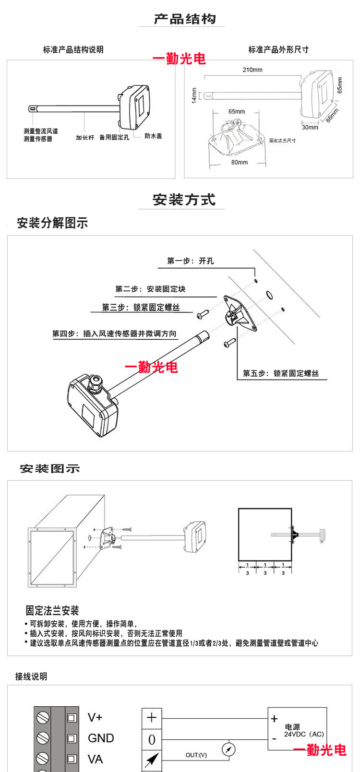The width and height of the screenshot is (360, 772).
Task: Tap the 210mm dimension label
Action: [x=252, y=70]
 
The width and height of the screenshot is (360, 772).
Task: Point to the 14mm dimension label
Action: [x=194, y=95]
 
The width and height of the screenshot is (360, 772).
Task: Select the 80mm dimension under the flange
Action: [x=239, y=162]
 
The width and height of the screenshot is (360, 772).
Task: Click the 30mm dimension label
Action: [x=310, y=127]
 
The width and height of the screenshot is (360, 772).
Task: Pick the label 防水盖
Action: [x=153, y=136]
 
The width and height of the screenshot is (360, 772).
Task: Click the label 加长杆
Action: [x=85, y=137]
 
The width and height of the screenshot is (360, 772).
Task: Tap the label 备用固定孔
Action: [x=114, y=137]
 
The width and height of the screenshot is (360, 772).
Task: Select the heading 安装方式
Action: [x=184, y=200]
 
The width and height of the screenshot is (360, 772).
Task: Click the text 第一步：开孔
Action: [x=191, y=261]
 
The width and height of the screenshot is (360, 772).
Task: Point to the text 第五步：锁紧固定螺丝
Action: [x=281, y=373]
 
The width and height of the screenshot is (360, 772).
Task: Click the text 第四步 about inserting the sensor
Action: [x=114, y=333]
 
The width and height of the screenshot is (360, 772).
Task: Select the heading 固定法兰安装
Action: [x=52, y=610]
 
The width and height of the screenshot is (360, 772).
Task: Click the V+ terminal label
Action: [x=95, y=717]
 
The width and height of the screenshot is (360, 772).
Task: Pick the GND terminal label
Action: [x=101, y=738]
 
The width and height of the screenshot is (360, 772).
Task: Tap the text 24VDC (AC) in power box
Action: [x=304, y=734]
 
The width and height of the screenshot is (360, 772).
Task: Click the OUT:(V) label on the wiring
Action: [x=196, y=755]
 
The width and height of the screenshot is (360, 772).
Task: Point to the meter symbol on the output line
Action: [x=229, y=749]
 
